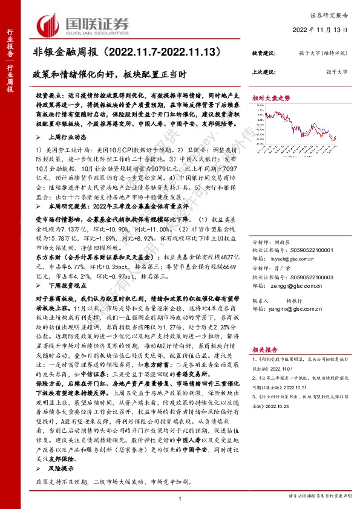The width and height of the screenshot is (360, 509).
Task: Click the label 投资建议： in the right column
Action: (263, 54)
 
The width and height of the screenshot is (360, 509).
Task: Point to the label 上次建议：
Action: (263, 71)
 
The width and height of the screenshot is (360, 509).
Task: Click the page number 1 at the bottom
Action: (180, 497)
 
